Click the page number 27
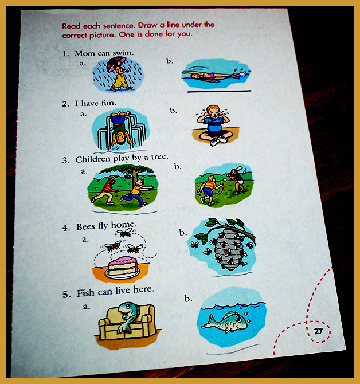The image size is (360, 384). (x=318, y=331)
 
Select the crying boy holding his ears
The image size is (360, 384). (x=214, y=125)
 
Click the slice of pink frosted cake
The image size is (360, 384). (x=123, y=266)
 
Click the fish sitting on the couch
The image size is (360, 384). (x=128, y=316)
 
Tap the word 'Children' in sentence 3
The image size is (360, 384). (x=93, y=159)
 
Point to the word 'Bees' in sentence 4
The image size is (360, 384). (x=86, y=227)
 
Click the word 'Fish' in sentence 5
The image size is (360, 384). (x=86, y=293)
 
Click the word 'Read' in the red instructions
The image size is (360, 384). (x=71, y=26)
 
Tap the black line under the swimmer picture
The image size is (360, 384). (x=219, y=91)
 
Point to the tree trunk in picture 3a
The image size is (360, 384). (x=135, y=177)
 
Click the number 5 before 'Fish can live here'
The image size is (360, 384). (x=65, y=295)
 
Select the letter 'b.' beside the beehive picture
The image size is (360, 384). (x=183, y=233)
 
